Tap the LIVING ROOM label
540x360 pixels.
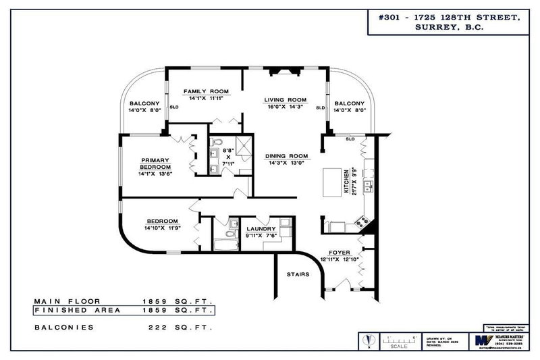285,99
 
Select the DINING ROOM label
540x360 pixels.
286,155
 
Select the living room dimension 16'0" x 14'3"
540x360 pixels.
285,107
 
